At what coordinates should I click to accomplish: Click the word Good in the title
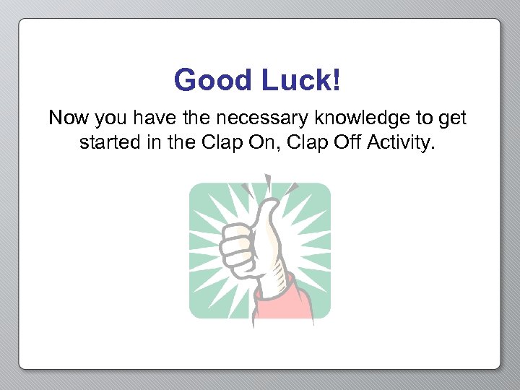point(212,80)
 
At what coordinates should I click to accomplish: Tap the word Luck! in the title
point(300,80)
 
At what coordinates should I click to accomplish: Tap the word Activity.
point(401,143)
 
